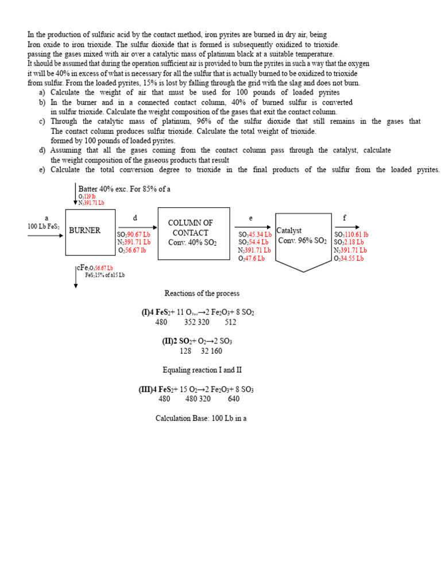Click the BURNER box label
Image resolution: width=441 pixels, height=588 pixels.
click(84, 230)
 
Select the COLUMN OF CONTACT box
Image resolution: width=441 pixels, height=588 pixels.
click(193, 233)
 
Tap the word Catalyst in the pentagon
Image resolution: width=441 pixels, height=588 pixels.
click(289, 230)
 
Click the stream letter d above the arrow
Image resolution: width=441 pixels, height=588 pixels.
click(136, 218)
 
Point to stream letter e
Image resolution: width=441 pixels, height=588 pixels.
click(250, 218)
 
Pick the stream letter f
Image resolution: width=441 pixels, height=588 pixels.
click(344, 218)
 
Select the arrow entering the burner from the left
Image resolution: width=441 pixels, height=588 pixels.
click(46, 235)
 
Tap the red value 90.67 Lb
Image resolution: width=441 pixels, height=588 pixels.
click(138, 235)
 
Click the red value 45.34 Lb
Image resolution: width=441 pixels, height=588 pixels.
click(260, 234)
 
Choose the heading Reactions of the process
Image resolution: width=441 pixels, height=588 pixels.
click(202, 293)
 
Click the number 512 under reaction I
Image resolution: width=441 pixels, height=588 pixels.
click(230, 322)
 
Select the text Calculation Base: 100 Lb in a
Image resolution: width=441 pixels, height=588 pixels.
click(201, 418)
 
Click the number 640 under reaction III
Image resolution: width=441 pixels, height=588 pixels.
click(234, 399)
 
